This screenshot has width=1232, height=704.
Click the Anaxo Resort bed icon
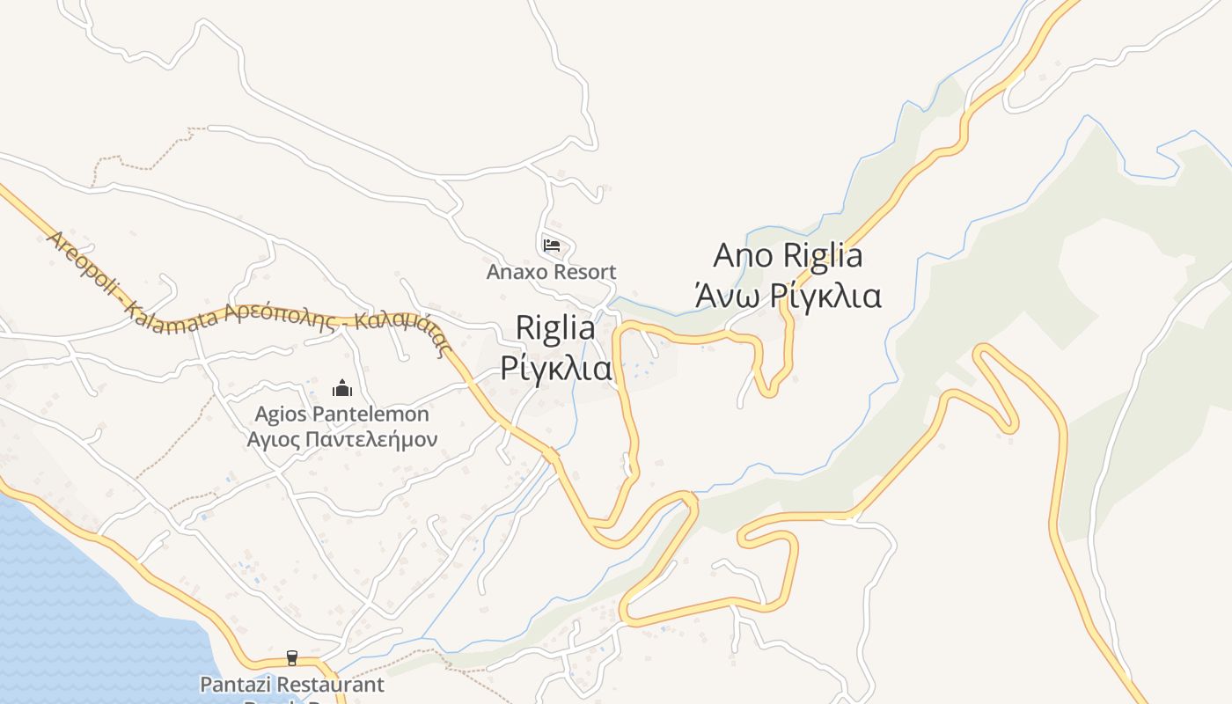pyautogui.click(x=552, y=245)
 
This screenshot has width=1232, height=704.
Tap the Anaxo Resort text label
pyautogui.click(x=552, y=272)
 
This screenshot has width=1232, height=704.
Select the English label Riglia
pyautogui.click(x=555, y=328)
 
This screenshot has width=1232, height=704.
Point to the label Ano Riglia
pyautogui.click(x=788, y=255)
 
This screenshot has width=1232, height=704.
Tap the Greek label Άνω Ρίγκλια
pyautogui.click(x=788, y=296)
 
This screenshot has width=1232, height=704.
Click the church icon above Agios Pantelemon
pyautogui.click(x=341, y=388)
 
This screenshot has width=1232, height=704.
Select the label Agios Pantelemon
pyautogui.click(x=341, y=414)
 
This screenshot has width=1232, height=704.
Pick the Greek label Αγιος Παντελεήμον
pyautogui.click(x=341, y=438)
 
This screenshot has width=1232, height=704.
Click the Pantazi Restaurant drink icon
pyautogui.click(x=292, y=658)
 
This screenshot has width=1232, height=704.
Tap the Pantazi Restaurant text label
pyautogui.click(x=292, y=684)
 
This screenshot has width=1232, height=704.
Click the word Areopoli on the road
pyautogui.click(x=84, y=262)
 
